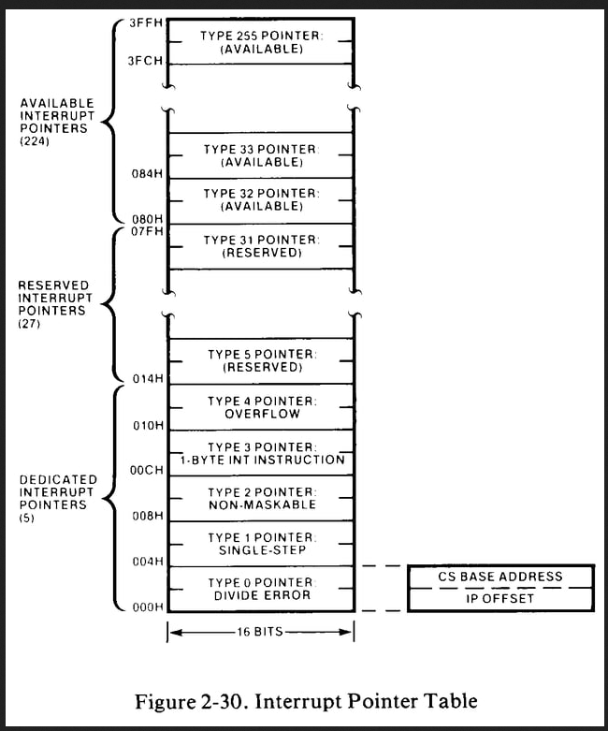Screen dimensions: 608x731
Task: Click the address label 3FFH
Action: (x=145, y=22)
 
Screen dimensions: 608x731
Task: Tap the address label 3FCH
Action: (x=145, y=61)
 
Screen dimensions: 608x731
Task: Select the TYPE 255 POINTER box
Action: (x=261, y=41)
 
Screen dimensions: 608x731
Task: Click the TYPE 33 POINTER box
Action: (x=261, y=155)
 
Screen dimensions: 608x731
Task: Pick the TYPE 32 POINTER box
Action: (x=261, y=200)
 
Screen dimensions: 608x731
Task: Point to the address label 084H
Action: (x=147, y=174)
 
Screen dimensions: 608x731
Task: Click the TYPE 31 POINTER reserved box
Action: (x=261, y=246)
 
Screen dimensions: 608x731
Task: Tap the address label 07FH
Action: (x=147, y=231)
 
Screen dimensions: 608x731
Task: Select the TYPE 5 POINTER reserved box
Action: (x=261, y=361)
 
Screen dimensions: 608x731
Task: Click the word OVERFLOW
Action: (x=262, y=414)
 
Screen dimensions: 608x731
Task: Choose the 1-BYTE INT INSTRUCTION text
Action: (x=262, y=460)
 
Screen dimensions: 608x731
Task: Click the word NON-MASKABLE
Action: (x=262, y=504)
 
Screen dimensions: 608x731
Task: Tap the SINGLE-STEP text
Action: (x=262, y=550)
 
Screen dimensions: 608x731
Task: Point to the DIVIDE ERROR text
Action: (x=262, y=595)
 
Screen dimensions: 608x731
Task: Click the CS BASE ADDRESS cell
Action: (x=500, y=577)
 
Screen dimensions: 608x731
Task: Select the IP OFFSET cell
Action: (x=500, y=599)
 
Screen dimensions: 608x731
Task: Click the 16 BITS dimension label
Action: (x=260, y=632)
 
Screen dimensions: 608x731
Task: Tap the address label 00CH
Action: (x=147, y=471)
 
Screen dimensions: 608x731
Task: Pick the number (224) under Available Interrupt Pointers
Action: (x=35, y=141)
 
